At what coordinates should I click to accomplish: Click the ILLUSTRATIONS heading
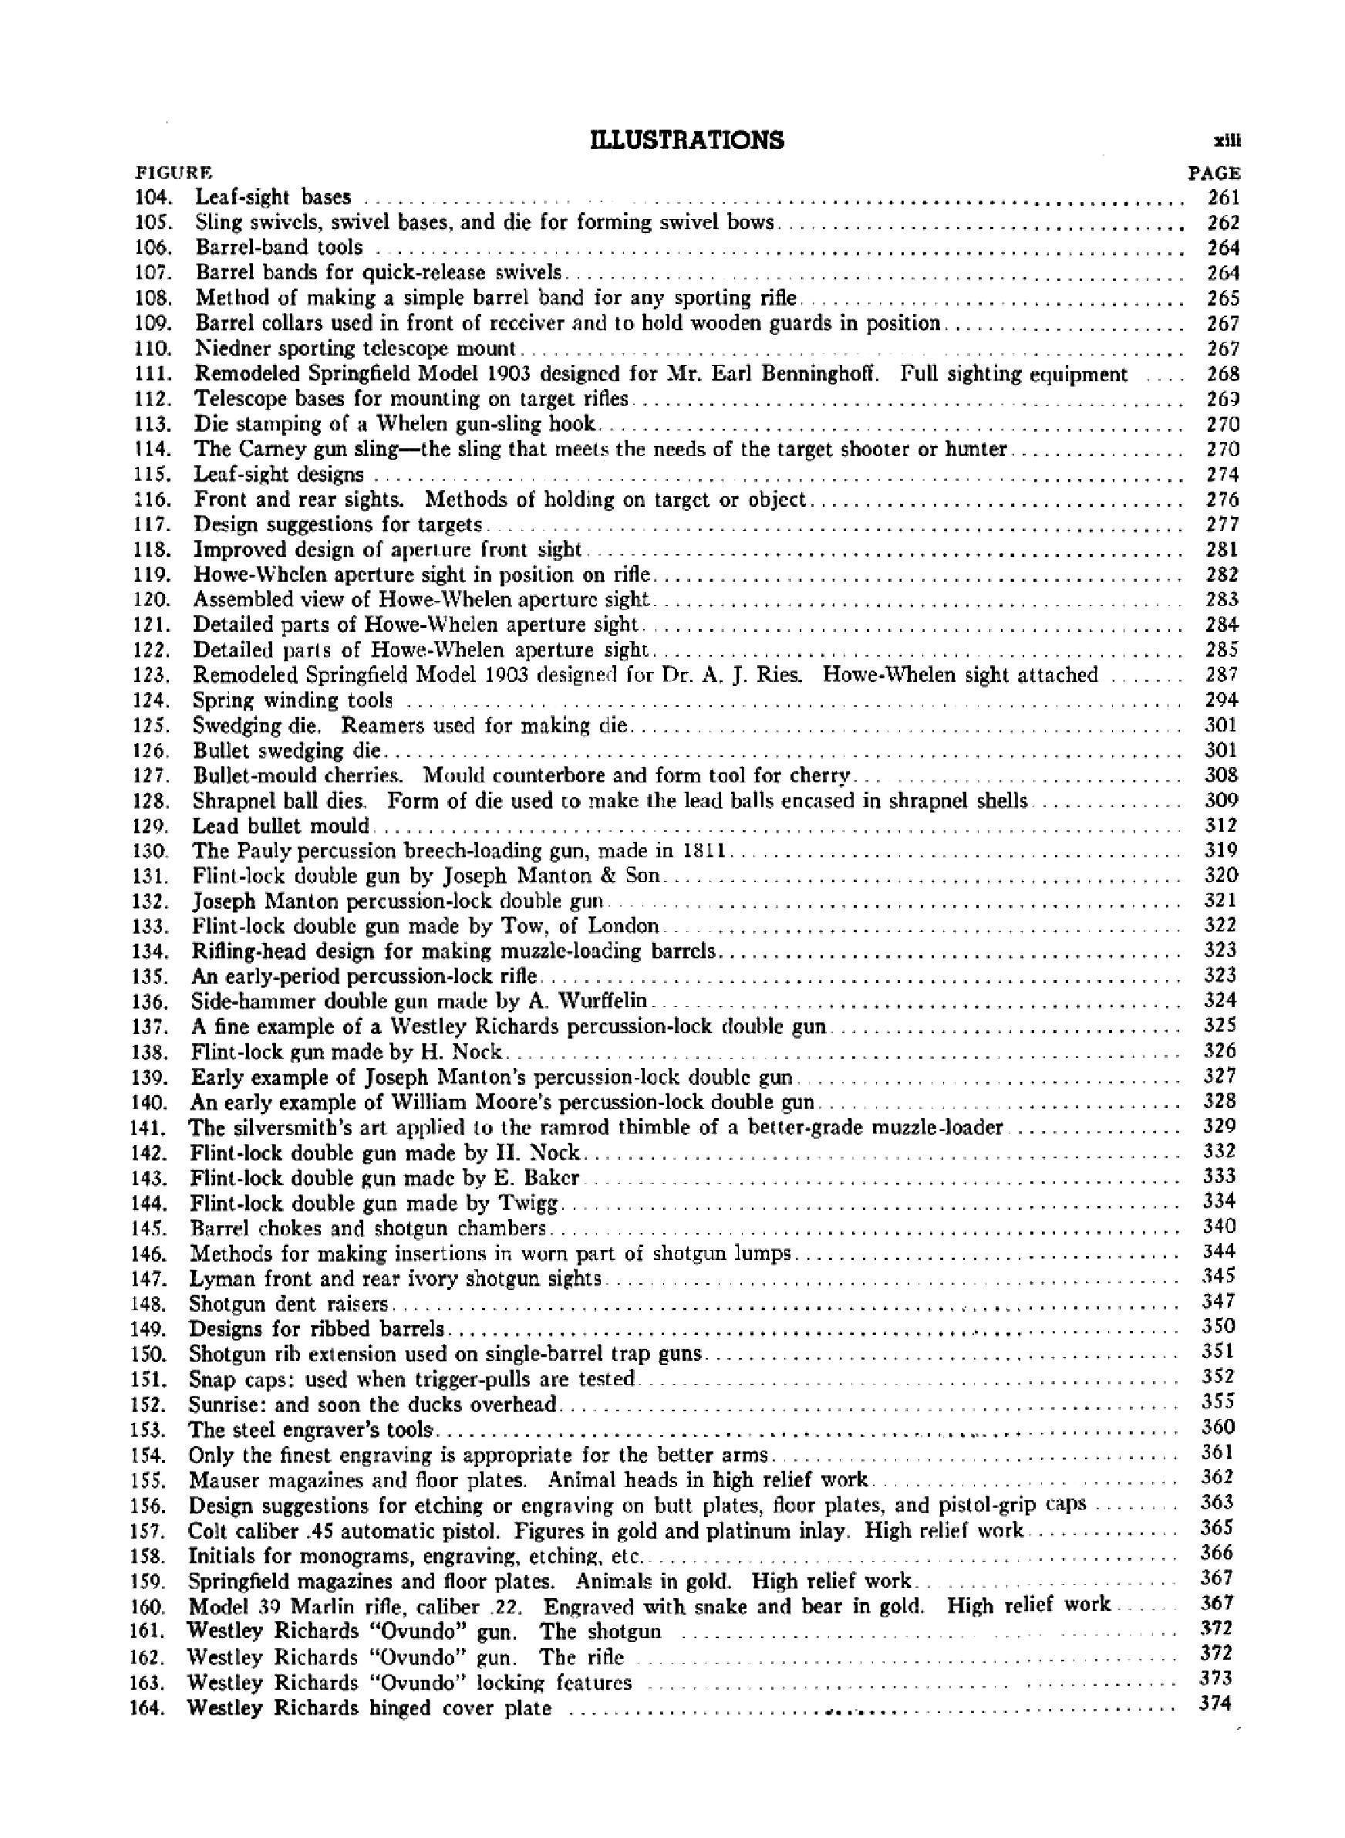(686, 140)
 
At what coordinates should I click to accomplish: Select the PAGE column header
(1214, 174)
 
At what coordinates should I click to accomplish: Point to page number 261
(1223, 197)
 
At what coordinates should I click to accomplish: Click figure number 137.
(150, 1027)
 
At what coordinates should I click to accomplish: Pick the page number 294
(1222, 700)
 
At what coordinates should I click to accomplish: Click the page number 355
(1218, 1401)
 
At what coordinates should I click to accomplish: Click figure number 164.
(147, 1708)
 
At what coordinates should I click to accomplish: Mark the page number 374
(1215, 1703)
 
